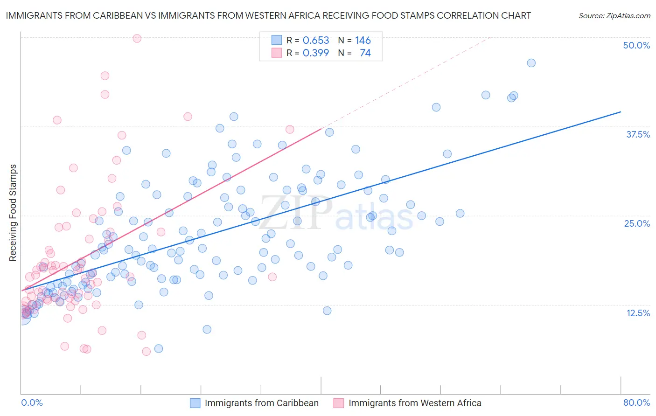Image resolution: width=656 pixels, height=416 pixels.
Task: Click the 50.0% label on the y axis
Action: click(636, 45)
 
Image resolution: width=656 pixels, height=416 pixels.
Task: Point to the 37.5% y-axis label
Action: click(638, 134)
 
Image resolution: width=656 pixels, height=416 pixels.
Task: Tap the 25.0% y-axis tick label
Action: click(637, 223)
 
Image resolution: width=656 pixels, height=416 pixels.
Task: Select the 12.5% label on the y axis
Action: click(638, 313)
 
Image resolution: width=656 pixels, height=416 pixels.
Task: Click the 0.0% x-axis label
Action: click(32, 402)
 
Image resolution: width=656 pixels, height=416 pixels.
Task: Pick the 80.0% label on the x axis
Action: click(636, 402)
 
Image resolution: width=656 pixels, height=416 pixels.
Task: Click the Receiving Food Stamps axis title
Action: click(13, 213)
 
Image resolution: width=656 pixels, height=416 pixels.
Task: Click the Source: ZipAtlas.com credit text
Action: click(614, 15)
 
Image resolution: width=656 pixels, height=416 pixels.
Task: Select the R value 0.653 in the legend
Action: click(316, 40)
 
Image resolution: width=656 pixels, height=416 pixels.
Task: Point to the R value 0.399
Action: click(316, 53)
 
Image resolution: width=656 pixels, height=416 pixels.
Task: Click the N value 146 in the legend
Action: click(363, 40)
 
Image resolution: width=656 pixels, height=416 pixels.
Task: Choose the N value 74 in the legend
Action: click(365, 53)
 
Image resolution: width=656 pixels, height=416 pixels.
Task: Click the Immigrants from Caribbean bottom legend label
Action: click(261, 403)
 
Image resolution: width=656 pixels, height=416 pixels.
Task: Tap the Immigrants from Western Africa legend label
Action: click(415, 403)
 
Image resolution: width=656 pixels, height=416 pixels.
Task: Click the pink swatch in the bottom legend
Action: click(338, 403)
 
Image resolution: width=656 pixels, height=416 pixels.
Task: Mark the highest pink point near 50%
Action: click(137, 38)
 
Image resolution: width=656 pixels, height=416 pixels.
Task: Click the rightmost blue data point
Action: click(531, 63)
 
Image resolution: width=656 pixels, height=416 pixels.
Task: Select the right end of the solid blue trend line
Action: click(621, 112)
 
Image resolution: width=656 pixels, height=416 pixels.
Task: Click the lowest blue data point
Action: click(159, 348)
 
